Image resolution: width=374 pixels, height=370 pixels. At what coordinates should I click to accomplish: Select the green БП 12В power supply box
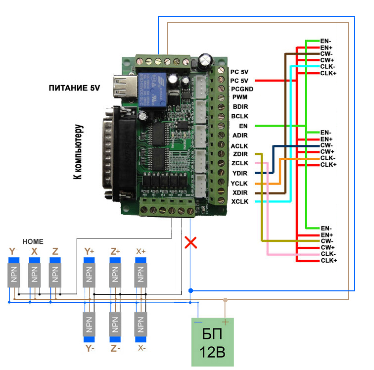[213, 341]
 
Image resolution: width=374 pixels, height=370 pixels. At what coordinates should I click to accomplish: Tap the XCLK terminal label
[240, 201]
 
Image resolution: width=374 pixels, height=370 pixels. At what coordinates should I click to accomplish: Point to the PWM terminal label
[240, 97]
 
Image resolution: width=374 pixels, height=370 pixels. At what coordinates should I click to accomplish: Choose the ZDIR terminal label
[240, 154]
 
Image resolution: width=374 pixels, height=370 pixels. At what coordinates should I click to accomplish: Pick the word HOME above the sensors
[34, 241]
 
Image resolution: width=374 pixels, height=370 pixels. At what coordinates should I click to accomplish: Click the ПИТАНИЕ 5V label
[74, 89]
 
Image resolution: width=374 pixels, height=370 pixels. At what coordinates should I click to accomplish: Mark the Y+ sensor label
[90, 251]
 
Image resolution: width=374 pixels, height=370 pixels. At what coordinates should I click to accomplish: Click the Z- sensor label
[115, 348]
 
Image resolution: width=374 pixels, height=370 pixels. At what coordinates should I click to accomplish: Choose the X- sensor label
[141, 348]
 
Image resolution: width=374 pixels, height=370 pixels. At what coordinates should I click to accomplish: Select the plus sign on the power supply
[226, 323]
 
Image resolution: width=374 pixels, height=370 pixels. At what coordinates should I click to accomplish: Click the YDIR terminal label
[240, 173]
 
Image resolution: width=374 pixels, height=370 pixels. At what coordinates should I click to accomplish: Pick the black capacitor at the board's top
[205, 62]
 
